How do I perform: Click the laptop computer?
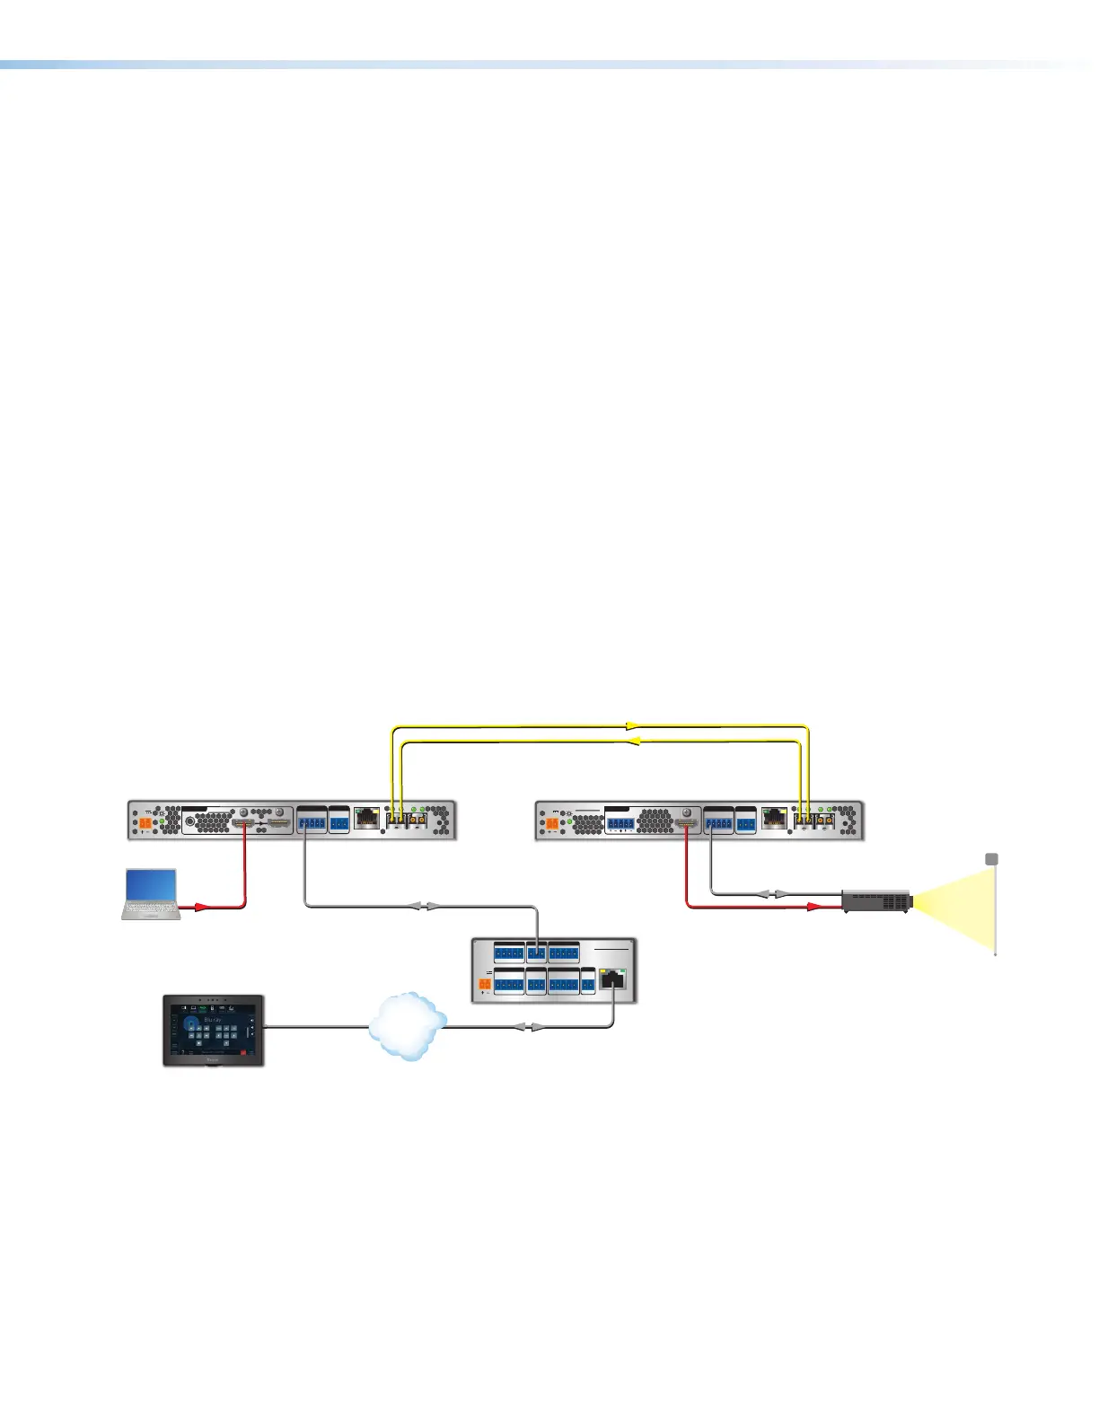pyautogui.click(x=151, y=894)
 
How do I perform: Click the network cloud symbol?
pyautogui.click(x=407, y=1027)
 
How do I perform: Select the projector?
pyautogui.click(x=875, y=900)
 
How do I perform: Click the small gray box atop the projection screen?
pyautogui.click(x=992, y=859)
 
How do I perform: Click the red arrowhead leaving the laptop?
pyautogui.click(x=201, y=908)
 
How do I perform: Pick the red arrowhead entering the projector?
pyautogui.click(x=813, y=908)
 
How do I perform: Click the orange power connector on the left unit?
pyautogui.click(x=145, y=822)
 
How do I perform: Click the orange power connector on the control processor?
pyautogui.click(x=485, y=985)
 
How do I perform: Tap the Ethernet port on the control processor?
pyautogui.click(x=613, y=980)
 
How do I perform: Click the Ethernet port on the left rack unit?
pyautogui.click(x=366, y=818)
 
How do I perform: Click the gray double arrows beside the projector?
pyautogui.click(x=769, y=894)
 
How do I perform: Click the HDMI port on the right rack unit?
pyautogui.click(x=687, y=821)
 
